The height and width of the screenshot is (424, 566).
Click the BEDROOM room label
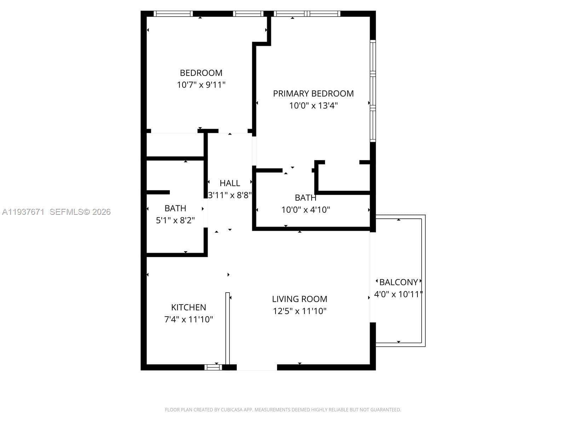[201, 73]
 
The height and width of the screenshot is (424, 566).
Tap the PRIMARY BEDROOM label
[313, 93]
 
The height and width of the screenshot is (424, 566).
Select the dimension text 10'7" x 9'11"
[201, 85]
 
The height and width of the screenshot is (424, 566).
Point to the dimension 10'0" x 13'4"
[313, 105]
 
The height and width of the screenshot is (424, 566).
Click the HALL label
[230, 183]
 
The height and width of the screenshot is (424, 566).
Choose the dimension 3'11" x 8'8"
[230, 195]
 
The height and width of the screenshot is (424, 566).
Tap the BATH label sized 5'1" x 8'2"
[175, 208]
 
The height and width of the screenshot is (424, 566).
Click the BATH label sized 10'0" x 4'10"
[305, 198]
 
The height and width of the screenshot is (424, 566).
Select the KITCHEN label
[189, 307]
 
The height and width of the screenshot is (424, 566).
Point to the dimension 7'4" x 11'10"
[189, 319]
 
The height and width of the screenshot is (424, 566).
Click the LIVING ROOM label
[299, 299]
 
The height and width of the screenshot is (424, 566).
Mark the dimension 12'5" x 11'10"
[299, 311]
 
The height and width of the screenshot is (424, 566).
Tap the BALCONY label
[398, 282]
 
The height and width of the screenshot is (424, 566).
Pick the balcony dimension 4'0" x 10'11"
[398, 294]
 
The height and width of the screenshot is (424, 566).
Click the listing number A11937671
[23, 212]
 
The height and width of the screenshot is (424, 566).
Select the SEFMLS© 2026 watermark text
[80, 212]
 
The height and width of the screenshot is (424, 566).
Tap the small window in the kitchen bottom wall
[213, 367]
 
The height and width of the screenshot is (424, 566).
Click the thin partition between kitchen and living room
[227, 328]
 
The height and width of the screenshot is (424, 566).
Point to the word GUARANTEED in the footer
[386, 410]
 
